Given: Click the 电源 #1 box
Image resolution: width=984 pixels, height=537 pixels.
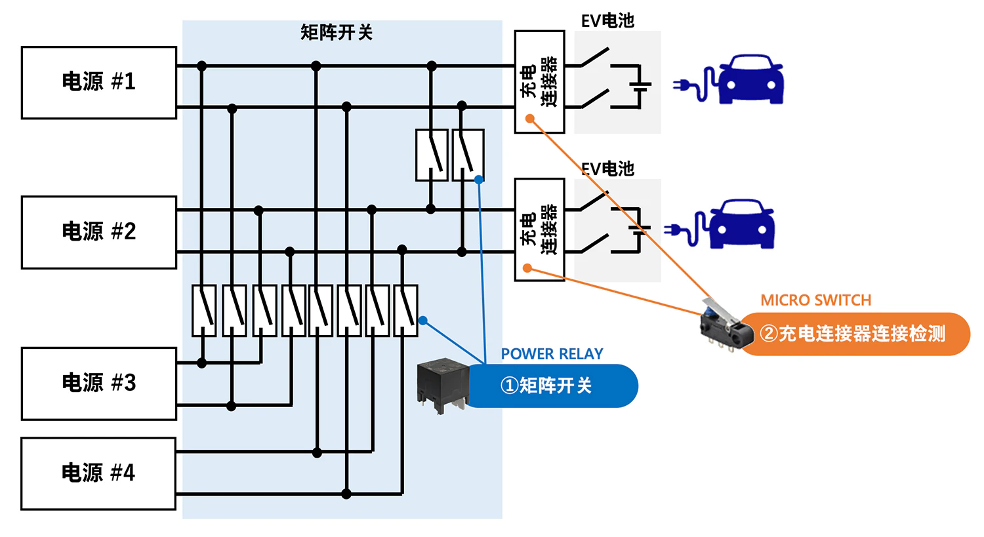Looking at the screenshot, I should coord(98,83).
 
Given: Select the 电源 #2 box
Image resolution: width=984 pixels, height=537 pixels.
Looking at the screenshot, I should coord(98,232).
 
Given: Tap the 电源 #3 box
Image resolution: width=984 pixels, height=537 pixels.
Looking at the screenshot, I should coord(98,384).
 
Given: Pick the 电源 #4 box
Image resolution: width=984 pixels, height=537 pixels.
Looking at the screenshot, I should coord(98,473).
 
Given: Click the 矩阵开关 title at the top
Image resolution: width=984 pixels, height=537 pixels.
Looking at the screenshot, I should coord(337,32).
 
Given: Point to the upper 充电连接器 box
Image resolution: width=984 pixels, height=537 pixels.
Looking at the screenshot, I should coord(539,81).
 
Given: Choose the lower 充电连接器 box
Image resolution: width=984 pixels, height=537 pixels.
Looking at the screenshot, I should coord(539,229).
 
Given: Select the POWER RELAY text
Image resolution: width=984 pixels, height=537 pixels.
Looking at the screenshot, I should coord(552,354).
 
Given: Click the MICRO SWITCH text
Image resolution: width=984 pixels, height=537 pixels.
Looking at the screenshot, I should coord(815,300).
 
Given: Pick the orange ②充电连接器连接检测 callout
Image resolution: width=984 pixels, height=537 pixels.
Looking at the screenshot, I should coord(853,334).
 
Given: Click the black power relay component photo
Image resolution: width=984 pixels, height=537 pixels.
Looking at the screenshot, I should coord(443,384).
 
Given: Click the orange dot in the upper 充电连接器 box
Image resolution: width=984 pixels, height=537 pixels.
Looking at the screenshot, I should coord(530,119).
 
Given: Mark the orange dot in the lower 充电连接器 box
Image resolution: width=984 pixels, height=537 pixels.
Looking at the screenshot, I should coord(527,268).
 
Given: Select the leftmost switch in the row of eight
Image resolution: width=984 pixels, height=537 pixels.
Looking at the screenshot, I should coord(204,311).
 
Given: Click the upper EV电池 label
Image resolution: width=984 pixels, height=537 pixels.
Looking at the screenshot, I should coord(607,21).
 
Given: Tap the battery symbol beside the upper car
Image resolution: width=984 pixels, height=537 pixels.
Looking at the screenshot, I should coord(639,85).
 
